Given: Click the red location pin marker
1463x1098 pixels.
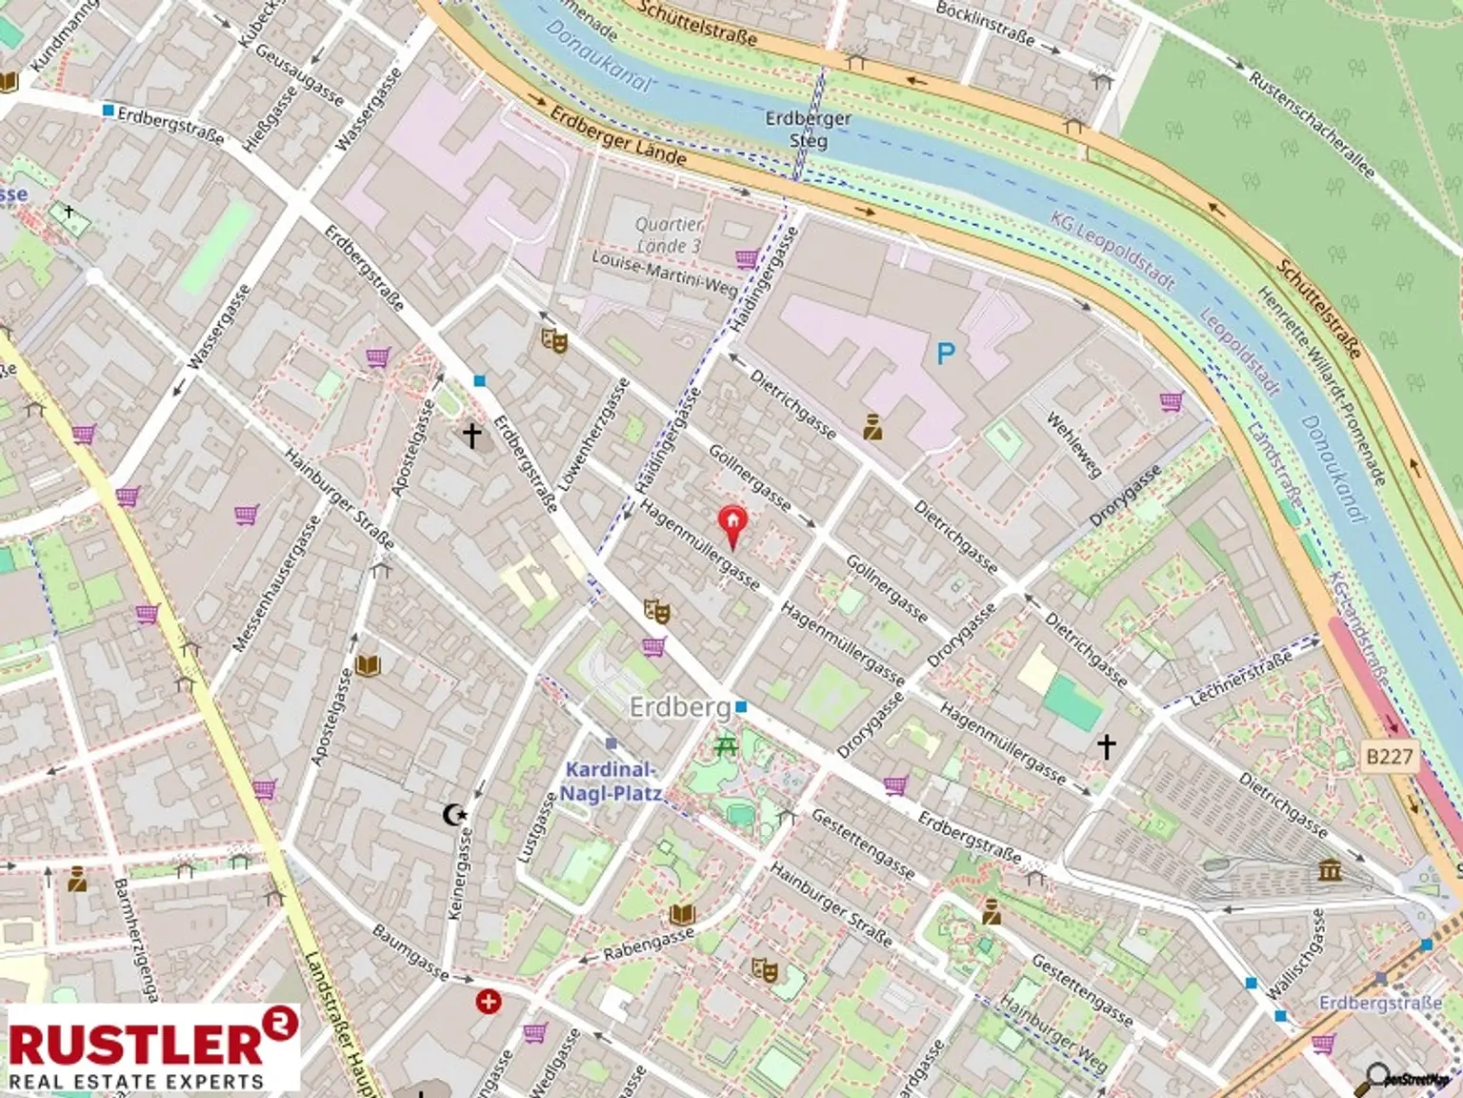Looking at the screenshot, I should tap(731, 524).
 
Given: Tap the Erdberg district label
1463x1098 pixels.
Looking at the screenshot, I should tap(679, 707).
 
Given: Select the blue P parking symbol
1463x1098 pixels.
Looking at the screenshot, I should tap(945, 355).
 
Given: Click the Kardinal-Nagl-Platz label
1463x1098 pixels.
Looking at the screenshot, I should tap(610, 782).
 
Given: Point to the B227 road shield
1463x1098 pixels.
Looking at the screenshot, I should tap(1390, 757).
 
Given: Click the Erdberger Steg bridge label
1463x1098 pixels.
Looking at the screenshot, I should tap(808, 130).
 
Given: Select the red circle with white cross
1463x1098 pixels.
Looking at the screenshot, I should tap(489, 1002).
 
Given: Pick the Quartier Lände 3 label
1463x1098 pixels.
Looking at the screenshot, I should tap(669, 234).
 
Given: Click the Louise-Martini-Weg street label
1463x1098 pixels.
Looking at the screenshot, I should tap(664, 272).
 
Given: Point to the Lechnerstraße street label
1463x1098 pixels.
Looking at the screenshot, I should tap(1240, 679).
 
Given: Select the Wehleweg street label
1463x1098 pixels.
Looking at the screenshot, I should tap(1073, 444).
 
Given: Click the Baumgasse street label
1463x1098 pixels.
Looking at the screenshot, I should tap(410, 951).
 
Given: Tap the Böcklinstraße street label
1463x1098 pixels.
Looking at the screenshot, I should tap(985, 23).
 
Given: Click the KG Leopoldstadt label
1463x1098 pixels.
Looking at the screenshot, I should tap(1112, 248).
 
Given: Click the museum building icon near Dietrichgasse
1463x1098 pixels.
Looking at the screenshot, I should tap(1330, 869).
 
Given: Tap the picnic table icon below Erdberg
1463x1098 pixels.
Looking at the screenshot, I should tap(726, 745).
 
